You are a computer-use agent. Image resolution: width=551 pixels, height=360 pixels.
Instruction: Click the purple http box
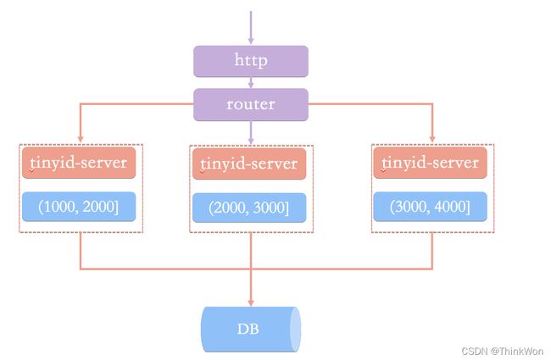pos(251,61)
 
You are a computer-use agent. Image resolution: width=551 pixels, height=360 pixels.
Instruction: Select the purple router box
pos(251,105)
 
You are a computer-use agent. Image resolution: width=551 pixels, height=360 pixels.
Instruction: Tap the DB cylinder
pos(251,330)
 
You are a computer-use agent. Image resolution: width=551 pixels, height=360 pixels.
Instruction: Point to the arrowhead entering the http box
pos(251,41)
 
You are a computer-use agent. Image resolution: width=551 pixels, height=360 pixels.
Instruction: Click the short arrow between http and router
pos(251,82)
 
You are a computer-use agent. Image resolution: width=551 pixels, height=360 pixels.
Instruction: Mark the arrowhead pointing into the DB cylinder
pos(251,302)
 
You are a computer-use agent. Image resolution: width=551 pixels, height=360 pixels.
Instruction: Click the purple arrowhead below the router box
pos(251,140)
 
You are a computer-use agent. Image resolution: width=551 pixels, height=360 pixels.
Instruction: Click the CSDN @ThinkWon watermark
pos(503,351)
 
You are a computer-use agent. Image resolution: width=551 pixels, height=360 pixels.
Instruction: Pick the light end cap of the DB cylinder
pos(296,330)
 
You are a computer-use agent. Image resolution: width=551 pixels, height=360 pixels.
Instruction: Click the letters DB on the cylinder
pos(248,330)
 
